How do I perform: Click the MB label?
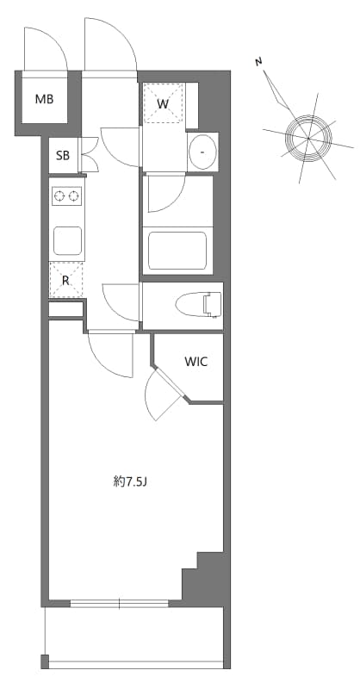point(44,99)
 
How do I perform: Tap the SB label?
point(63,156)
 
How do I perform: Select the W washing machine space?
point(163,104)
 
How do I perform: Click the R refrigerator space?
point(66,279)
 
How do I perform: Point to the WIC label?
point(196,362)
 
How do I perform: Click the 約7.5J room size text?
point(131,482)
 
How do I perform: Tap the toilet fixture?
point(199,303)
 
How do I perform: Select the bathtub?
point(177,251)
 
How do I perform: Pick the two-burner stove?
point(67,197)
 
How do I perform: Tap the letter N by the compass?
point(258,62)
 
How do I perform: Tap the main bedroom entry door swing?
point(109,353)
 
